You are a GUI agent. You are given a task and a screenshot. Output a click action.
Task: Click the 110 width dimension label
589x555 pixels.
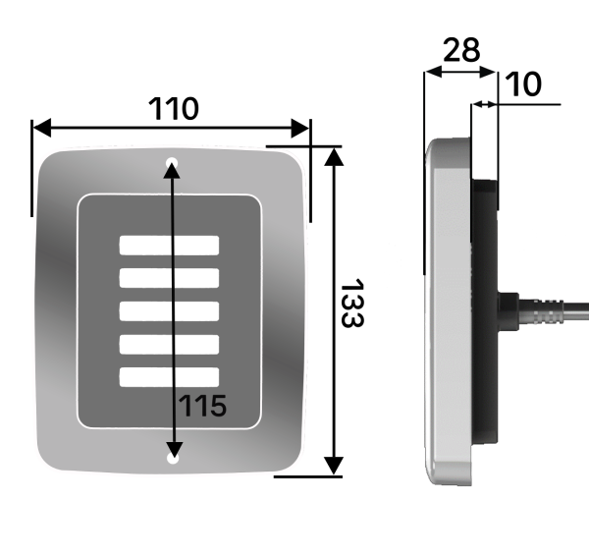coord(174,109)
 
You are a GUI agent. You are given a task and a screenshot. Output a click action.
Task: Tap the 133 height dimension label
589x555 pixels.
coord(352,303)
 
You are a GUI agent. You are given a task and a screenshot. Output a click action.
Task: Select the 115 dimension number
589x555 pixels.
coord(203,406)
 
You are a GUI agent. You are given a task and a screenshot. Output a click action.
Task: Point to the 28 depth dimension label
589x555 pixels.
coord(461,49)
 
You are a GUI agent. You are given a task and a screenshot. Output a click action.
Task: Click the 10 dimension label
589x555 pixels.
coord(523,83)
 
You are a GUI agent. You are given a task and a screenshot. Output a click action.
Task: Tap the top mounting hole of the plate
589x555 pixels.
coord(172,163)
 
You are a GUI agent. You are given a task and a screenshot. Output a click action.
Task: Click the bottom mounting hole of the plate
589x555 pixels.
coord(173,458)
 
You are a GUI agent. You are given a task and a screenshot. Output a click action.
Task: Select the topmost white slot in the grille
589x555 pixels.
coord(169,246)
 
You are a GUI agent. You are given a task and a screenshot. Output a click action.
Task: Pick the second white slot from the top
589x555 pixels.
coord(169,278)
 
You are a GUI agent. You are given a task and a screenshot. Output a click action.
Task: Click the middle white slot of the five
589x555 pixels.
coord(169,311)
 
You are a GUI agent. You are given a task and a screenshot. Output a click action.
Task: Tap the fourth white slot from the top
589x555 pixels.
coord(169,344)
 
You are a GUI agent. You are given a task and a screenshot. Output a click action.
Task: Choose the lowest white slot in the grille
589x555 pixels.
coord(169,377)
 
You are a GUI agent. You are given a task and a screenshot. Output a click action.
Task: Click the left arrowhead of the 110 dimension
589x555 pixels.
coord(42,128)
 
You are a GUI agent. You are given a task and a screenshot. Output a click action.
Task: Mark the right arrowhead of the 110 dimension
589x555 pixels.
coord(300,128)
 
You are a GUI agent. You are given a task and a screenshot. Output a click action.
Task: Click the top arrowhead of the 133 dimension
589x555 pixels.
coord(334,157)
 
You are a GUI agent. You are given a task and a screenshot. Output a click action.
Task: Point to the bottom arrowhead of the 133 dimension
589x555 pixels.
coord(334,466)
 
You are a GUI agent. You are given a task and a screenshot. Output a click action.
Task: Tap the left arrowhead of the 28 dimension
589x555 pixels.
coord(433,72)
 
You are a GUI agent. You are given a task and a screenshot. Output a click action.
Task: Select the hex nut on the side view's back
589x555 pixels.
coord(509,311)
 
